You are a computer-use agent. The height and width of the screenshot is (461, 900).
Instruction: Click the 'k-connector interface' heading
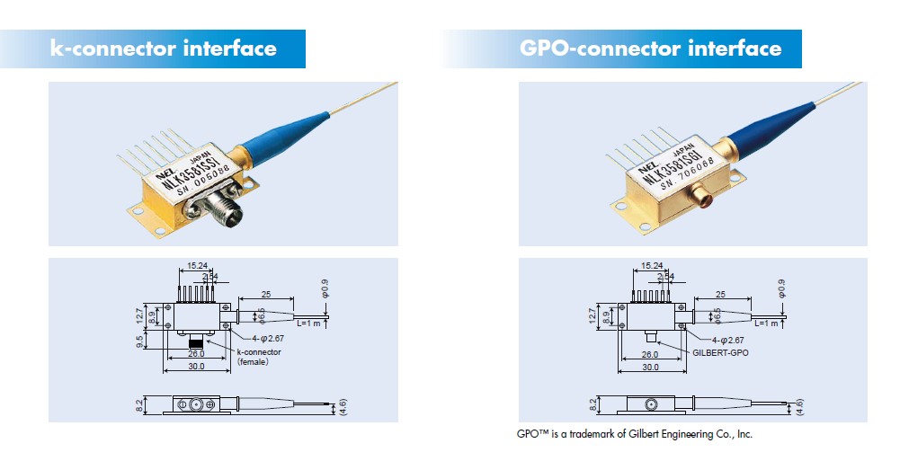[163, 49]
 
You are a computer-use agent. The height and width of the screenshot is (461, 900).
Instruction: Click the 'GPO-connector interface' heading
[650, 49]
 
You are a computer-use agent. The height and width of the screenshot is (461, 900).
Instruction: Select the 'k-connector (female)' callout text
[258, 356]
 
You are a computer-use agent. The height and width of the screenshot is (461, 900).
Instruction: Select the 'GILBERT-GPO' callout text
[720, 352]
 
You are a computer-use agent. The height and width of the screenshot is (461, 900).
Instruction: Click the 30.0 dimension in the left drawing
[195, 367]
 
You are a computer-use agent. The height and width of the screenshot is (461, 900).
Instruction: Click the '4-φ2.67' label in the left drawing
[255, 341]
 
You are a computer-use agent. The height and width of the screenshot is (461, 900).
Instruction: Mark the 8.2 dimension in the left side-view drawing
[140, 405]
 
